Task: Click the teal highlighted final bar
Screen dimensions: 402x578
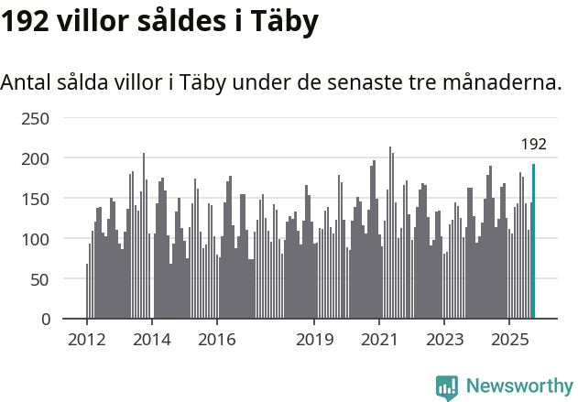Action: [x=533, y=242]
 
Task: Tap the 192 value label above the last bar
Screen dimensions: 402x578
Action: [x=533, y=144]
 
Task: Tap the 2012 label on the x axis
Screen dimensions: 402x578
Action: [x=87, y=340]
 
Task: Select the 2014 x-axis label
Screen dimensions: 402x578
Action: [x=152, y=340]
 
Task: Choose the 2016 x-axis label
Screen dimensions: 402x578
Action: [x=217, y=340]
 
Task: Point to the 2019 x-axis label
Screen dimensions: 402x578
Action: [x=314, y=340]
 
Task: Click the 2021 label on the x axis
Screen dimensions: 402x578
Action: [x=379, y=340]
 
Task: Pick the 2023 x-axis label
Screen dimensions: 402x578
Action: [x=444, y=340]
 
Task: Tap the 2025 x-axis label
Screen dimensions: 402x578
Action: [x=509, y=340]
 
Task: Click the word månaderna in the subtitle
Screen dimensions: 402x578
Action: [x=503, y=82]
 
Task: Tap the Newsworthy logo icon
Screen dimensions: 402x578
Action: [x=447, y=387]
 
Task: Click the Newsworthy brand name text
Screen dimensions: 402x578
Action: [x=518, y=386]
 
